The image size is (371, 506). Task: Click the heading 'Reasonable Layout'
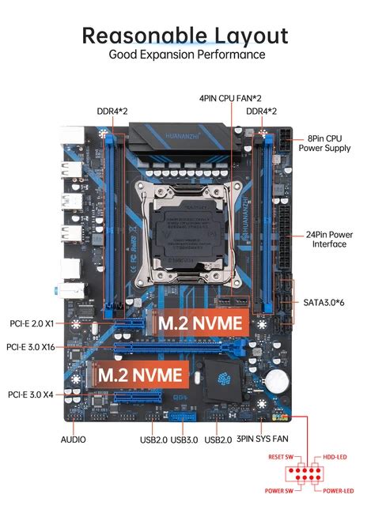(185, 36)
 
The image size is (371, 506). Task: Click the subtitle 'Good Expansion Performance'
(186, 55)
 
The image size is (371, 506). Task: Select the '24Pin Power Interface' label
(329, 238)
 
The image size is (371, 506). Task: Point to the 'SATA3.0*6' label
(324, 302)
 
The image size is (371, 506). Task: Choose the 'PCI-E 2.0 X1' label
(31, 323)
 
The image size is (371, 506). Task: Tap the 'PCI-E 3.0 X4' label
(31, 394)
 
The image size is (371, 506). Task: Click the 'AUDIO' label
(73, 440)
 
